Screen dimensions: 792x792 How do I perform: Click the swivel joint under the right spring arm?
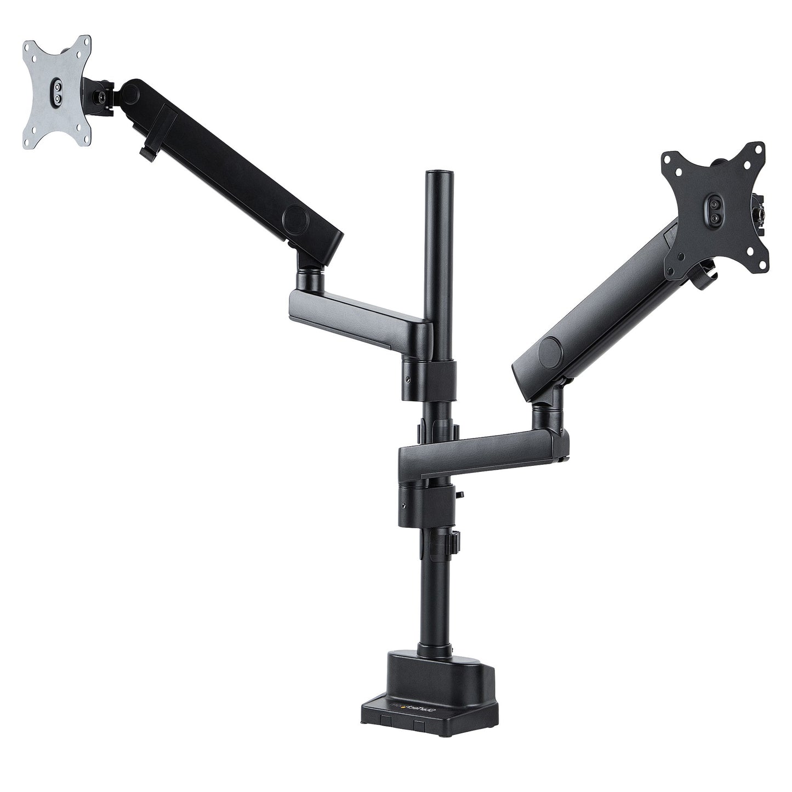click(x=546, y=412)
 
